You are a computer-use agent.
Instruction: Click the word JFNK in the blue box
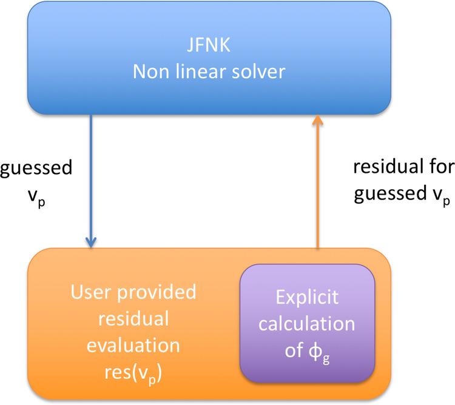(209, 45)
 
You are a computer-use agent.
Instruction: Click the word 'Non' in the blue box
(151, 72)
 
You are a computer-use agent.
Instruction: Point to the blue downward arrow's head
(91, 243)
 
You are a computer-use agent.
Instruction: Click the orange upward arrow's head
(318, 120)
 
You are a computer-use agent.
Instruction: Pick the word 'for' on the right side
(442, 166)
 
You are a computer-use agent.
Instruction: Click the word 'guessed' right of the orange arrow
(390, 194)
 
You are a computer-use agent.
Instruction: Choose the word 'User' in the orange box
(91, 292)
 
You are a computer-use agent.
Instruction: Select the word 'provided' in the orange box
(157, 292)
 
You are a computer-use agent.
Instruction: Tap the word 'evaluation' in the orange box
(133, 345)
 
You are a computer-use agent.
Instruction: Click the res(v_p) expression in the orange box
(133, 373)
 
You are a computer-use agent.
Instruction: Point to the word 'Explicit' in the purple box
(307, 298)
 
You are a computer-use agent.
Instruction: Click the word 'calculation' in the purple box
(307, 323)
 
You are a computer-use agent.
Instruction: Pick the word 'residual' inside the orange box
(133, 318)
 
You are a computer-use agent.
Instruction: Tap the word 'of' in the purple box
(294, 350)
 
